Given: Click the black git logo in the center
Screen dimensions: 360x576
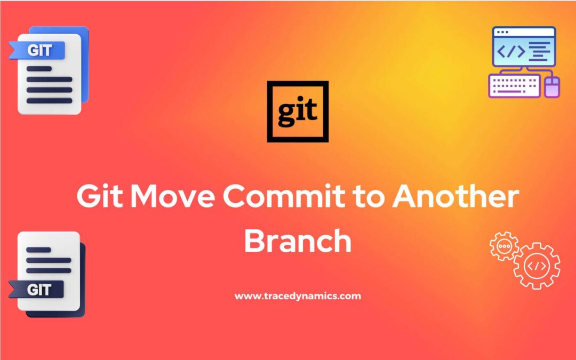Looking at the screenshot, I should pos(297,111).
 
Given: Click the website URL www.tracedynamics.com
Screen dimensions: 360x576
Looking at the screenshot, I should pos(298,296).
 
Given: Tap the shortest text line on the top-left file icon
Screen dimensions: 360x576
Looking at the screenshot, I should pos(38,68).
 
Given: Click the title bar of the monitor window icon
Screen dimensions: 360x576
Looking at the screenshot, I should pos(523,31).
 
